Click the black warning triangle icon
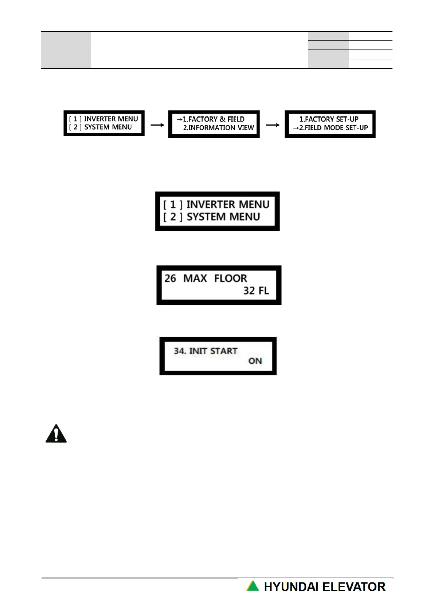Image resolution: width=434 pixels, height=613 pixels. (56, 434)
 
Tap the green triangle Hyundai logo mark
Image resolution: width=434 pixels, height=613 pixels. (253, 586)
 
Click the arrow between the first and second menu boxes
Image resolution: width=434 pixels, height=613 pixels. (157, 125)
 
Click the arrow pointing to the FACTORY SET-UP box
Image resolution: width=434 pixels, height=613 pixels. (273, 125)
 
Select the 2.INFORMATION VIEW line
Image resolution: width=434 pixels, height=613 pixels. (218, 128)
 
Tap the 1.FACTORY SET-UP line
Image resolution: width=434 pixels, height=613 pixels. (329, 119)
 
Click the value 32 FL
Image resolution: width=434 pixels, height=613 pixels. (256, 291)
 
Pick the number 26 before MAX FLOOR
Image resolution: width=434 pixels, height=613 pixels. (170, 278)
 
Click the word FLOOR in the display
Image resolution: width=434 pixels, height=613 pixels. (230, 278)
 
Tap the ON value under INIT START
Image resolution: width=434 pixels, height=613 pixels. (255, 361)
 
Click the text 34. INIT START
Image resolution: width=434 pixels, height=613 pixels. (206, 351)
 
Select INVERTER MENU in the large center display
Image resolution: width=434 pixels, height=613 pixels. (228, 205)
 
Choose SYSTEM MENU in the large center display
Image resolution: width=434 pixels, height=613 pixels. (223, 217)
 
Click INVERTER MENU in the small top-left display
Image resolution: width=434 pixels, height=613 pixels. (111, 119)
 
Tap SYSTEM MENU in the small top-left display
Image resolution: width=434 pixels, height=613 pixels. (108, 127)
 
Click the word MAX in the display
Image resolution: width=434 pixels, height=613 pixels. (195, 278)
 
